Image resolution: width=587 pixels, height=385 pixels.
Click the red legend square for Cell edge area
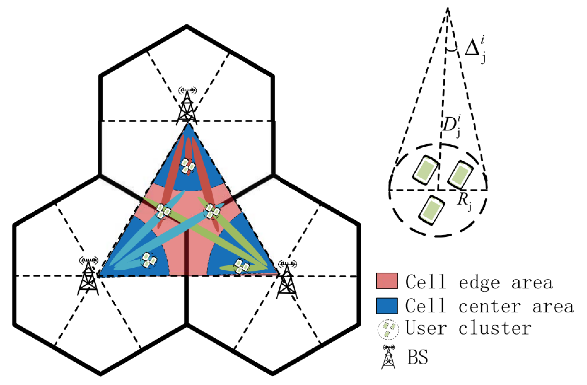pyautogui.click(x=387, y=281)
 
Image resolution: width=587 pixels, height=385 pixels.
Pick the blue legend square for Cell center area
pyautogui.click(x=387, y=306)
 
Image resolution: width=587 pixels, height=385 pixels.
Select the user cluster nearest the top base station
pyautogui.click(x=188, y=166)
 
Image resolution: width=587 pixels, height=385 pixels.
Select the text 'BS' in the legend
pyautogui.click(x=418, y=357)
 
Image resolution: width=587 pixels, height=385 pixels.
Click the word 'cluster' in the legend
pyautogui.click(x=495, y=329)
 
